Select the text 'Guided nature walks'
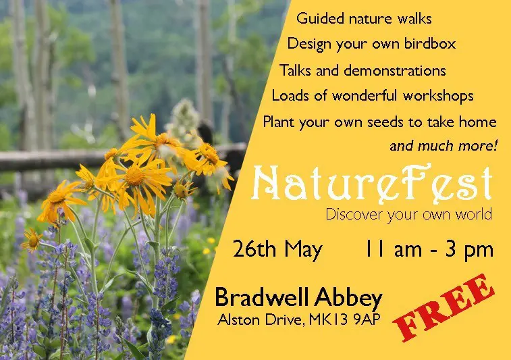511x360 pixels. click(x=365, y=18)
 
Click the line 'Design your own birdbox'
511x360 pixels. click(x=371, y=45)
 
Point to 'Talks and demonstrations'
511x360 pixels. click(x=362, y=70)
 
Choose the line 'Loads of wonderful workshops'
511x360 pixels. click(x=373, y=96)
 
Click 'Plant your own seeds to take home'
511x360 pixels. click(x=379, y=122)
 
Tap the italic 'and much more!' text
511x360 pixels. click(x=443, y=145)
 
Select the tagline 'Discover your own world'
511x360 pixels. click(x=409, y=215)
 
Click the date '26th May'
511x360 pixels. click(x=277, y=250)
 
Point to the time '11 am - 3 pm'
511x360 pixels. click(x=429, y=250)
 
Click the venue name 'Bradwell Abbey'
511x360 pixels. click(x=298, y=297)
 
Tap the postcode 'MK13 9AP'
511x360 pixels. click(x=352, y=318)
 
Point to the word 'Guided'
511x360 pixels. click(x=317, y=18)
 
